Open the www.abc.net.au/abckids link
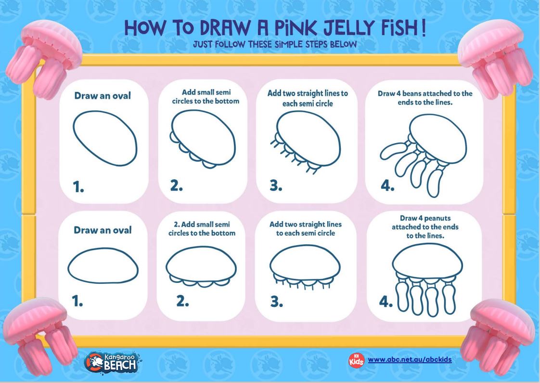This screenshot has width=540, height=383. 410,359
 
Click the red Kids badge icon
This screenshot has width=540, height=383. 356,359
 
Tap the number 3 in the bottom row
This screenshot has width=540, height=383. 276,302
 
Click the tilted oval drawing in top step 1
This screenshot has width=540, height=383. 105,139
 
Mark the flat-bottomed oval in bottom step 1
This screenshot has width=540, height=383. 103,266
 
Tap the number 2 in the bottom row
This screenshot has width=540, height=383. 182,301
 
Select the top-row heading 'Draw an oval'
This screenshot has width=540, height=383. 102,96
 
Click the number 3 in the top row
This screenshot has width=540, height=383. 276,186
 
